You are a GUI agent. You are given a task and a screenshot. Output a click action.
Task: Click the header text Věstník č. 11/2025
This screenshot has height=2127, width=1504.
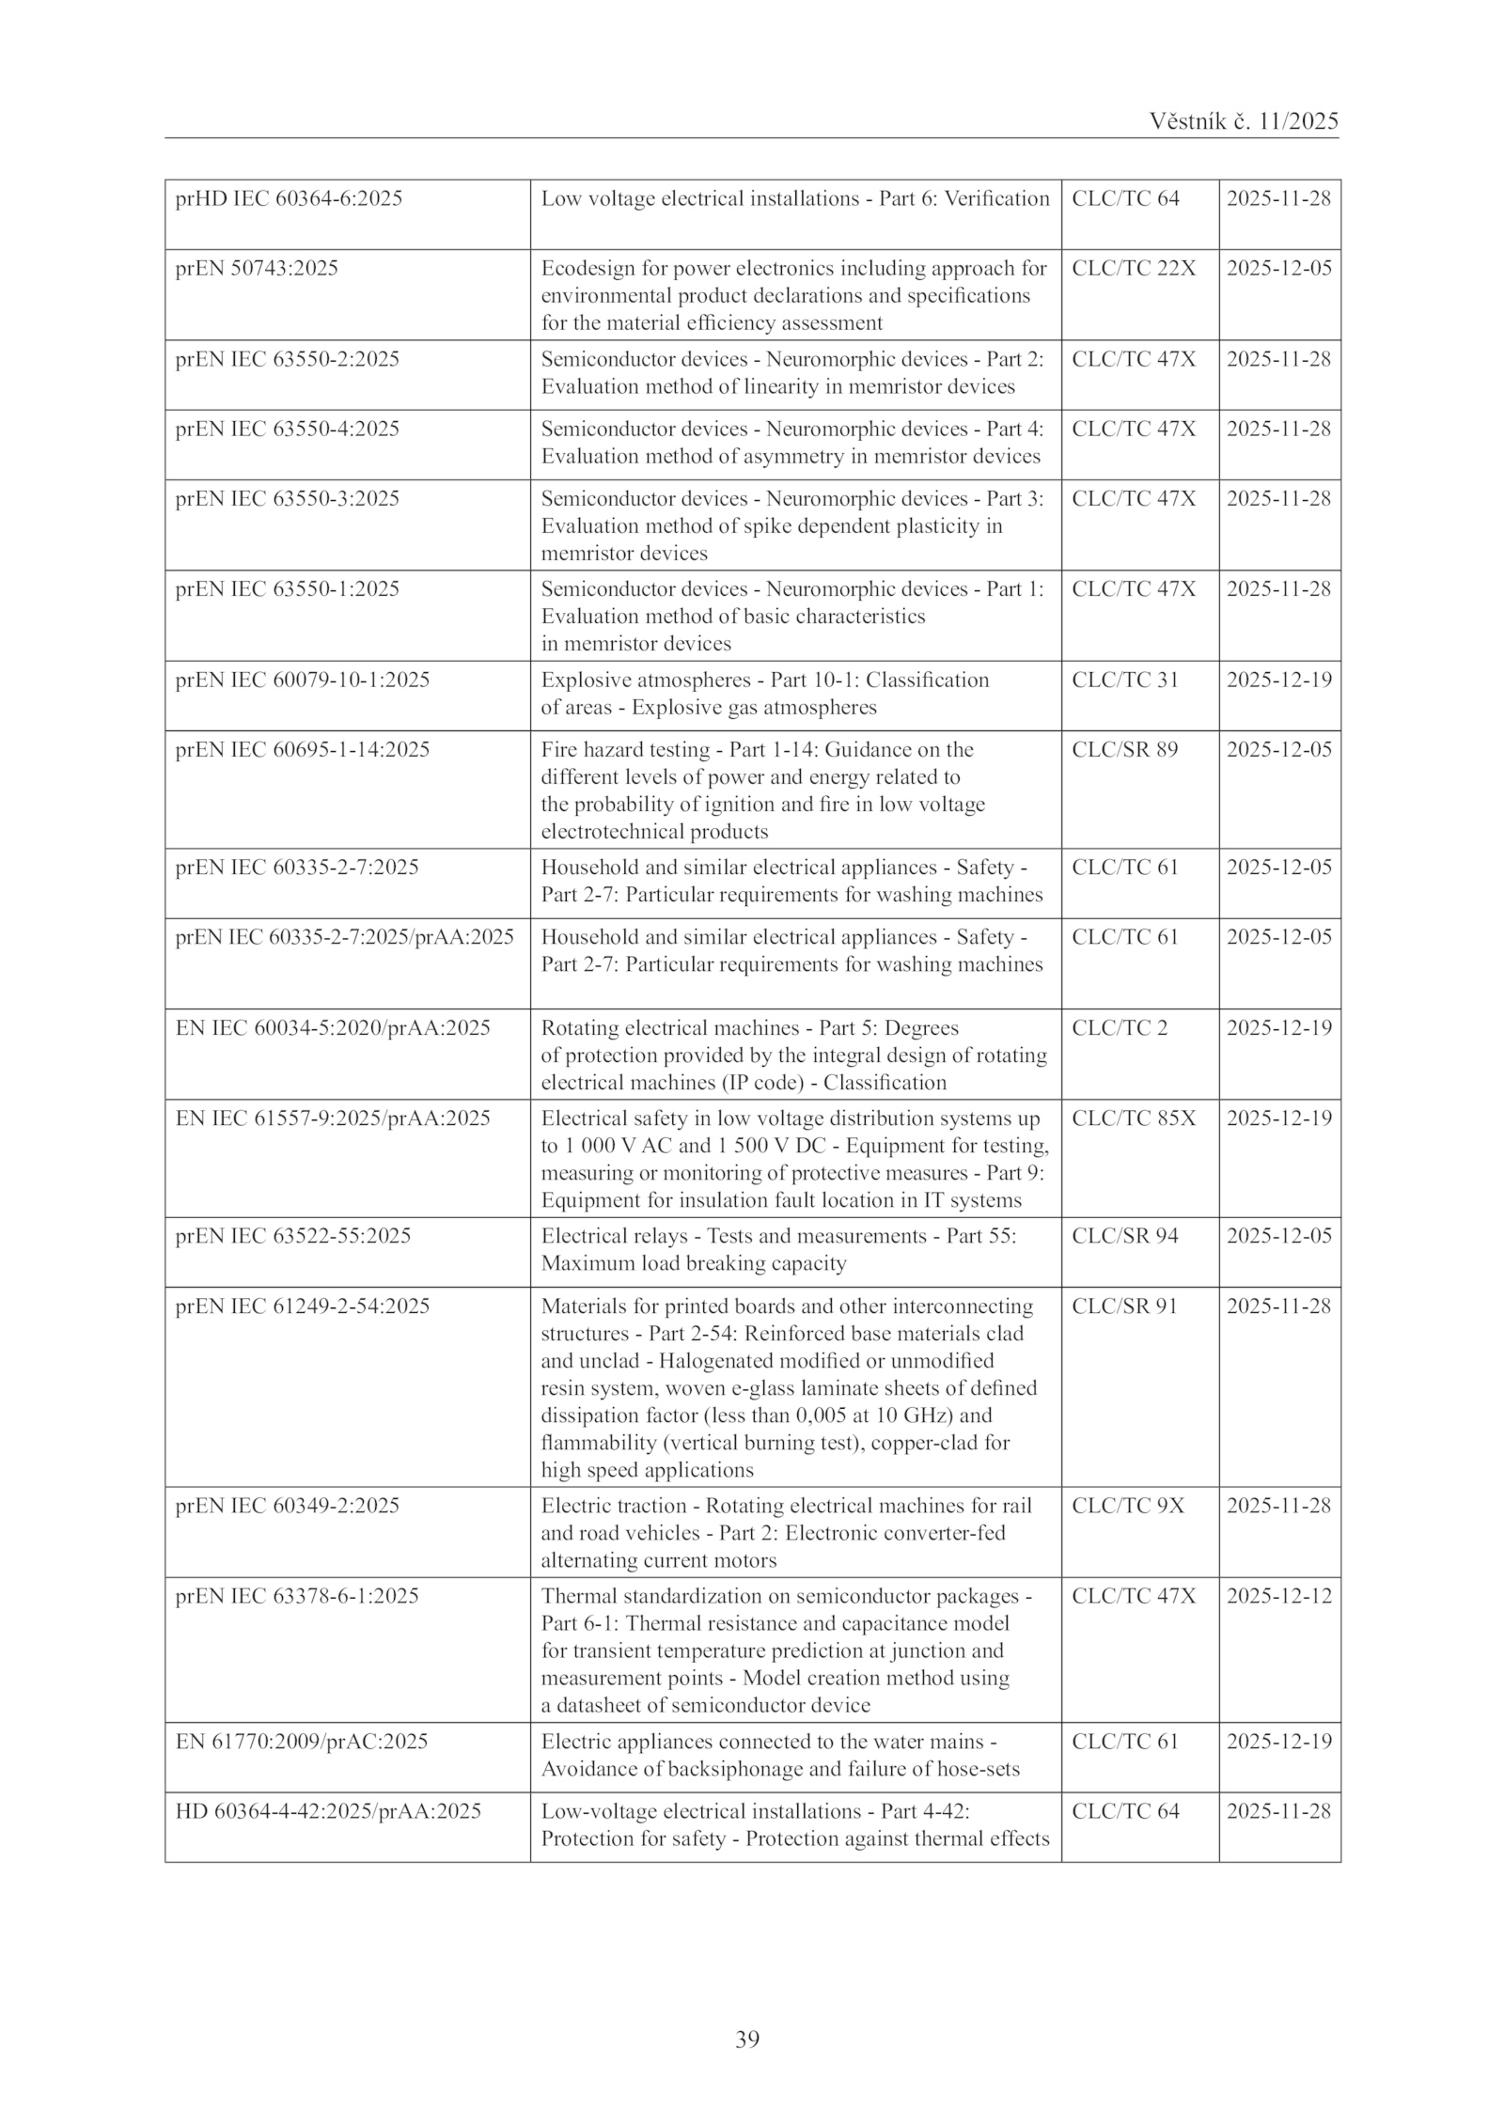coord(1243,121)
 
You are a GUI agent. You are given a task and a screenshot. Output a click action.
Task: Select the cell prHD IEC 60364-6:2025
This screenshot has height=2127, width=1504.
coord(289,198)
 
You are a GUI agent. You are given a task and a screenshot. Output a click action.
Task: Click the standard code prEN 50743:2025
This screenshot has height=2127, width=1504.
coord(257,268)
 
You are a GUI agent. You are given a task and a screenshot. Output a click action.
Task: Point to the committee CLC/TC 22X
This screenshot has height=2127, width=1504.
coord(1134,268)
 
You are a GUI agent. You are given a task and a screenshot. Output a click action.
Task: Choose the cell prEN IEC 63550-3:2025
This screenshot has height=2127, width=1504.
coord(287,498)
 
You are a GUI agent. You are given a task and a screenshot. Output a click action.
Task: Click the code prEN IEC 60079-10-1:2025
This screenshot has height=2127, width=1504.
coord(302,680)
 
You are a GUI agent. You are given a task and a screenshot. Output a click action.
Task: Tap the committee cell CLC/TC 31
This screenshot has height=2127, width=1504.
coord(1124,680)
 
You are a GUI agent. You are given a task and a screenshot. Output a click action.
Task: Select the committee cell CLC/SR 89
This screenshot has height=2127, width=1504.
coord(1124,749)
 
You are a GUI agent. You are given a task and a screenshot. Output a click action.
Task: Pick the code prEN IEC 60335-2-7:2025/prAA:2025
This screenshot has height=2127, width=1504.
coord(344,937)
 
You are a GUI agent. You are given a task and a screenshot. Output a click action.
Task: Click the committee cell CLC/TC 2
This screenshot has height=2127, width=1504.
coord(1120,1027)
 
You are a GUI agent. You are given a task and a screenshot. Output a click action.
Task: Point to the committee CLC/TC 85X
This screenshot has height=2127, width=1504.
coord(1134,1118)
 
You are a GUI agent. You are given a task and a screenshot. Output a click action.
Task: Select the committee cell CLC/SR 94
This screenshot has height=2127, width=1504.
coord(1124,1235)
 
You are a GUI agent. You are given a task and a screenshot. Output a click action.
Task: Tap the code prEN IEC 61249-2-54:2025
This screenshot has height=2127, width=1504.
coord(302,1306)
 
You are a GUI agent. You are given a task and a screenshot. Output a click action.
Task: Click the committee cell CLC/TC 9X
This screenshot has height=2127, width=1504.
coord(1128,1505)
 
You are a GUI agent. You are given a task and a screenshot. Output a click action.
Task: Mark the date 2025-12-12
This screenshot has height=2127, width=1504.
coord(1278,1595)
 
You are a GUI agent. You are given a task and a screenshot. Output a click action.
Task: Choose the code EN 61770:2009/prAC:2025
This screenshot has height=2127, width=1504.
coord(301,1741)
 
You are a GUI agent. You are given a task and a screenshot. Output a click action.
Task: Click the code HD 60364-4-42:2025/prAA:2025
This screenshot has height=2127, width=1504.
coord(328,1810)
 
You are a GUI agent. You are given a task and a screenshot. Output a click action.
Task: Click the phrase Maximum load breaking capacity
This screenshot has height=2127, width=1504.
coord(693,1262)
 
